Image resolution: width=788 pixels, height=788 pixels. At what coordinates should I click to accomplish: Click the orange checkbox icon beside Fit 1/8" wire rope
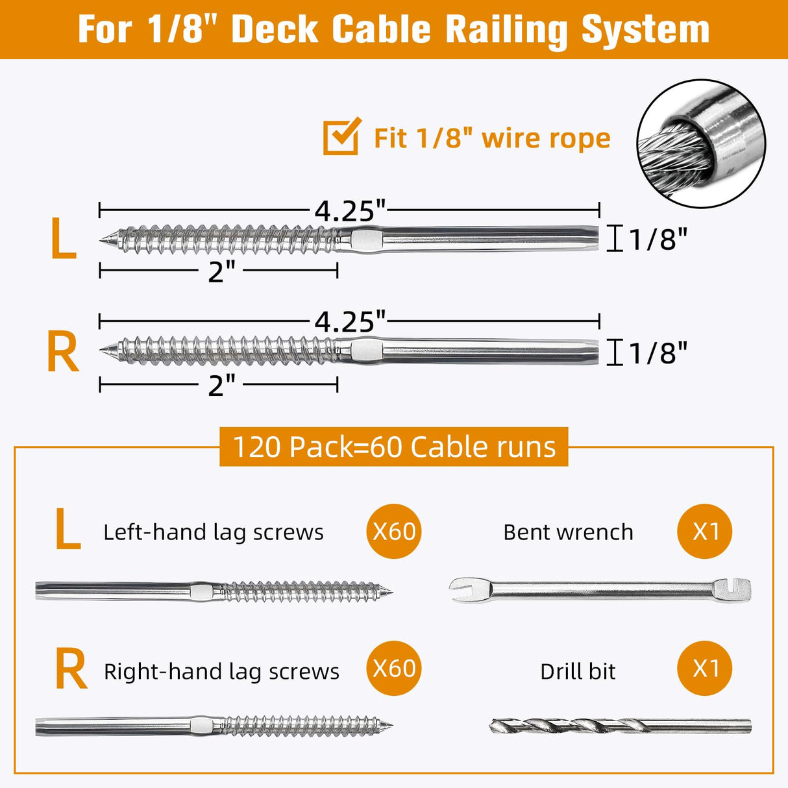(341, 136)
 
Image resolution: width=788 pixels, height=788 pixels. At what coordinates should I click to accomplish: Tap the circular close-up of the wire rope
(701, 143)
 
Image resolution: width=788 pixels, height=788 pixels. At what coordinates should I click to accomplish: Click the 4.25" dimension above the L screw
(350, 211)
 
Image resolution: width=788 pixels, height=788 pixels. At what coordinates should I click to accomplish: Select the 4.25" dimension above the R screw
(350, 321)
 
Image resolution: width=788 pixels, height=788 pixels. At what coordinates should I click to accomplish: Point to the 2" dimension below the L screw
(221, 271)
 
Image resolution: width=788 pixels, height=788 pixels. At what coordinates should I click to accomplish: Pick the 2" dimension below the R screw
(221, 386)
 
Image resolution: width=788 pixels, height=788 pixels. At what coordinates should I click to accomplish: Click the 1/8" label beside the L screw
(657, 240)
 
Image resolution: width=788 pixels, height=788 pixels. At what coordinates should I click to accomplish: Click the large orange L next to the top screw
(63, 240)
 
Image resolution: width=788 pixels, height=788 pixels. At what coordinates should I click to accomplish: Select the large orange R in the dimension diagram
(63, 352)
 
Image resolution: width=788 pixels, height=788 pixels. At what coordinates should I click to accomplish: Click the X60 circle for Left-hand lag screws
(394, 531)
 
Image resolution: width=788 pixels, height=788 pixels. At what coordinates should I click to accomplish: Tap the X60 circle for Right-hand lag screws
(394, 668)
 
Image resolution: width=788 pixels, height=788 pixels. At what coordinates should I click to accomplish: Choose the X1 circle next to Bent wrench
(705, 531)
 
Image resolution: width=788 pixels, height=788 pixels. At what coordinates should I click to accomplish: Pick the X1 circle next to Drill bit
(705, 668)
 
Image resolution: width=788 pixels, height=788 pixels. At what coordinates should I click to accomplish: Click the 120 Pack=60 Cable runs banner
(394, 447)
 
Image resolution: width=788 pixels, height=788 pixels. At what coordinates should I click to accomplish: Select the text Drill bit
(578, 671)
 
